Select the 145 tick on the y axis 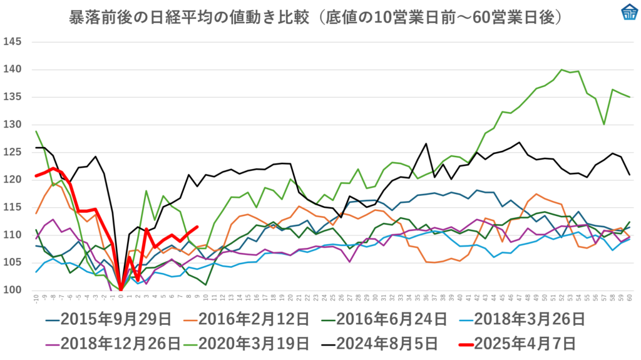13,42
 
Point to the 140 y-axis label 13,69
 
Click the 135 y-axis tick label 13,97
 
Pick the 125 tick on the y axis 13,152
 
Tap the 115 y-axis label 13,207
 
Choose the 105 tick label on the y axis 13,262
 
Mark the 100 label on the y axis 13,290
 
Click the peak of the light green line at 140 562,69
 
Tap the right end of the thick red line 197,227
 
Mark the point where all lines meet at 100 120,290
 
